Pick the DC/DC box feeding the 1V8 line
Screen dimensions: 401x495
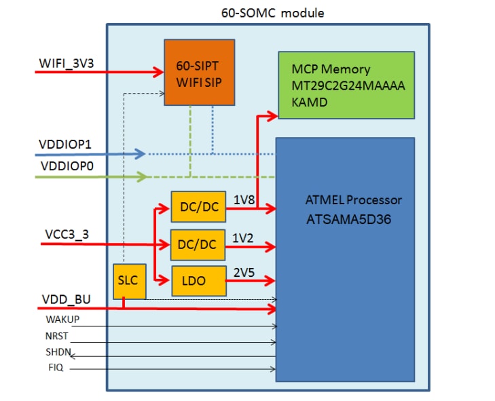(x=199, y=209)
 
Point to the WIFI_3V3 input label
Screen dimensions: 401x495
(x=66, y=64)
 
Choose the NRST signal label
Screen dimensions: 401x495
(x=57, y=336)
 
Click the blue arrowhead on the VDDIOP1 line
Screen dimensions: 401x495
(x=140, y=154)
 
